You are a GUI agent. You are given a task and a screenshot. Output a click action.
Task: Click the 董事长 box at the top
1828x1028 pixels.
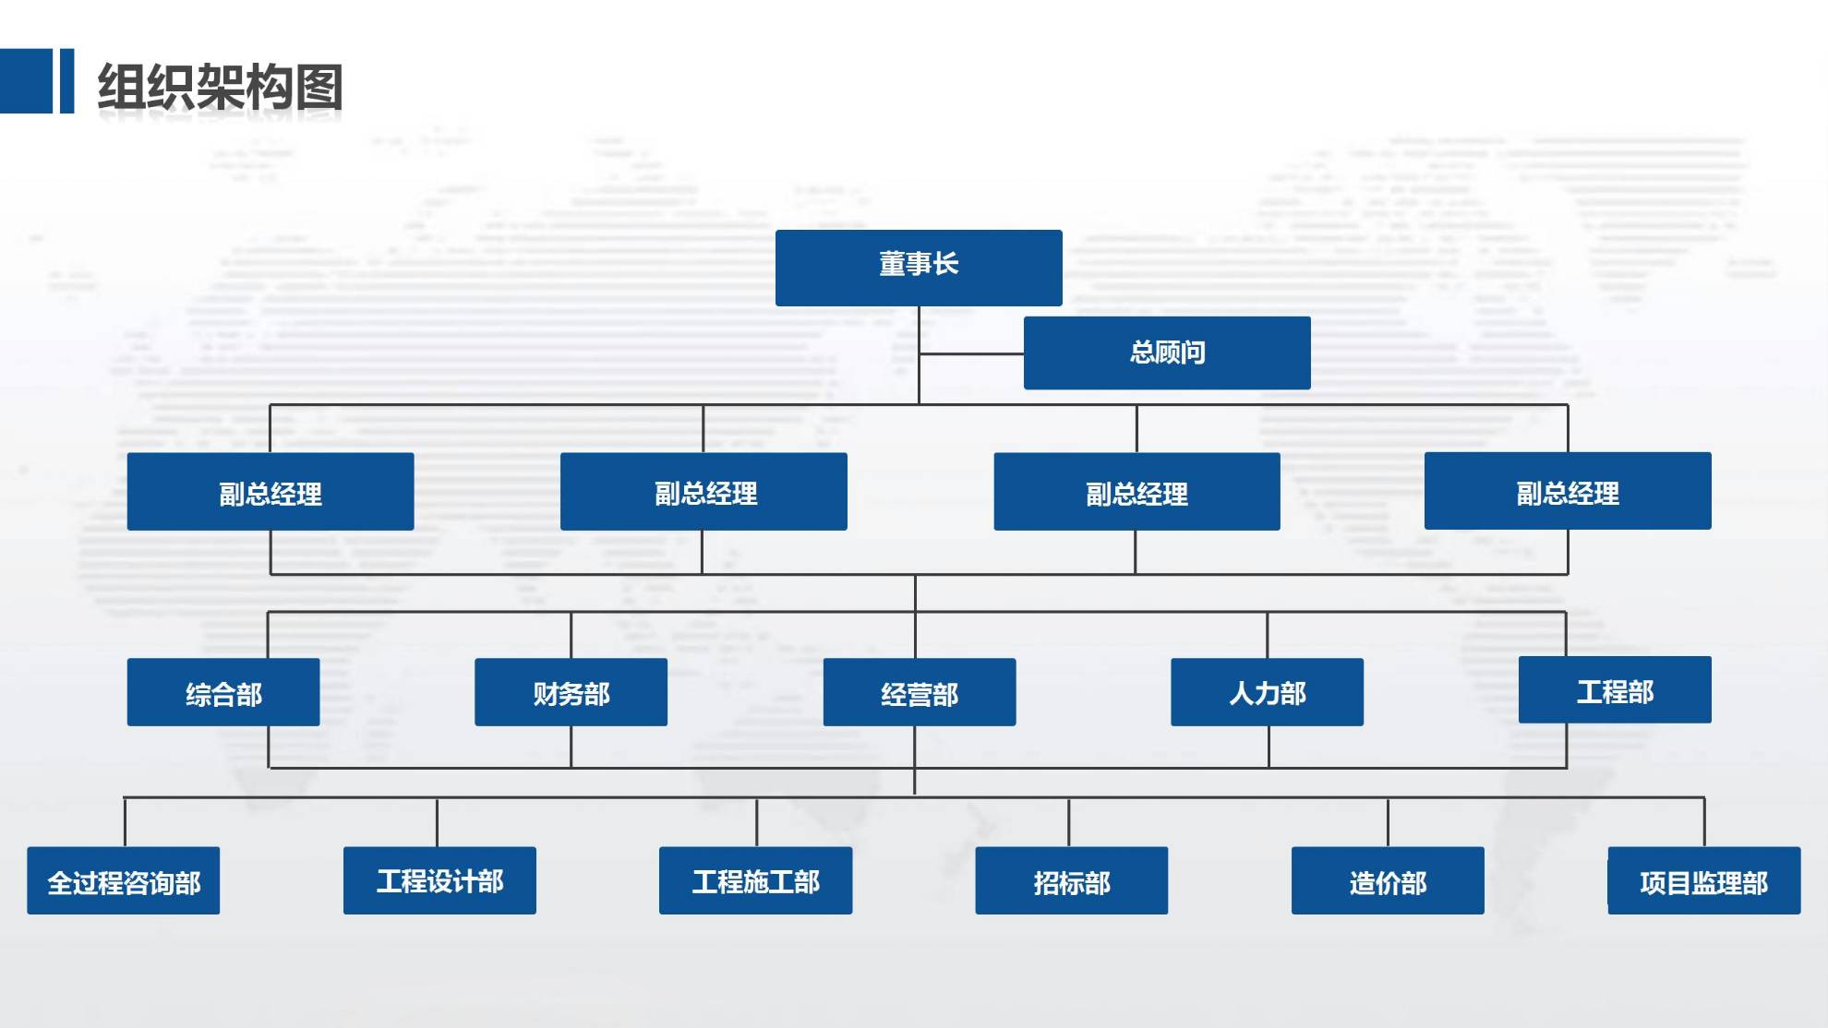pos(919,267)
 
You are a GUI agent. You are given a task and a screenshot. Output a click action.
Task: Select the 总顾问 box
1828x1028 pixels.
pos(1166,353)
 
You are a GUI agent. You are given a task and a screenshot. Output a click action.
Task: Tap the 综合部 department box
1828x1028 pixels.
pos(223,692)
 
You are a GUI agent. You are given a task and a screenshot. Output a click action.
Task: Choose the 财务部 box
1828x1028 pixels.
pos(571,692)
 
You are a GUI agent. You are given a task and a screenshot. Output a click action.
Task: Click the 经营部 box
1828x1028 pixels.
pos(919,692)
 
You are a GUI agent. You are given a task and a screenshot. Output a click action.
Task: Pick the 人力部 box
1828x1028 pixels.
pos(1267,692)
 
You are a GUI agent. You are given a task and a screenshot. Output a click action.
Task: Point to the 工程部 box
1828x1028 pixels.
pos(1614,690)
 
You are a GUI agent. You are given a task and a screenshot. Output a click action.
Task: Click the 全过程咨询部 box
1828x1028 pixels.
pos(123,881)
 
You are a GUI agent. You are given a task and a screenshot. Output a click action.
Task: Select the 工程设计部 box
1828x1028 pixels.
pos(439,881)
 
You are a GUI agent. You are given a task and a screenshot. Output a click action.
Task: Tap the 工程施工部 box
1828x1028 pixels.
pos(755,881)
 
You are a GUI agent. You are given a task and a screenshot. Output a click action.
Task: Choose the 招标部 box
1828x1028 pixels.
pos(1071,881)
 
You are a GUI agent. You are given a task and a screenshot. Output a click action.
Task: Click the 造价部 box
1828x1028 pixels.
pos(1387,881)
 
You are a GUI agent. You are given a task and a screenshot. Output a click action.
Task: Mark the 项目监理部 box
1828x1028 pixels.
pos(1703,881)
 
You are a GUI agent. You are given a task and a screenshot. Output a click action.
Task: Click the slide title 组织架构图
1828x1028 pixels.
pos(220,88)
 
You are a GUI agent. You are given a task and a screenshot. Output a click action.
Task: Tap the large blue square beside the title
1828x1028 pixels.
pos(26,81)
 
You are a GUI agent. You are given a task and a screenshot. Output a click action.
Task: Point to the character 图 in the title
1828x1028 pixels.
pos(320,88)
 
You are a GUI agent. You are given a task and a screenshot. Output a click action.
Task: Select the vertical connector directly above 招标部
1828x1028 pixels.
pos(1069,821)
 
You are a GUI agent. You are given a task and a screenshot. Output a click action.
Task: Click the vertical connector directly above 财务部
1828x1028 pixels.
pos(571,635)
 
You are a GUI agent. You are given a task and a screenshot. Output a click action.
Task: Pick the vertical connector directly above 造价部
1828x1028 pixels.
pos(1388,821)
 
